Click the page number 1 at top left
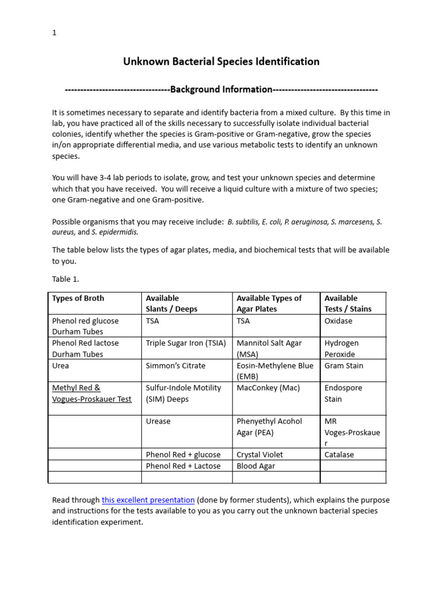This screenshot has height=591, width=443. coord(54,33)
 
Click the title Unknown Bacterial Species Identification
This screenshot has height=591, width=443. coord(221,61)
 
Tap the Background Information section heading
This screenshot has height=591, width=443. coord(221,89)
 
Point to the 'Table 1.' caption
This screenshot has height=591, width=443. coord(66,279)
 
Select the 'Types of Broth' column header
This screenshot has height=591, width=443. coord(78,298)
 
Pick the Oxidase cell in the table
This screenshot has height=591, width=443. coord(338,321)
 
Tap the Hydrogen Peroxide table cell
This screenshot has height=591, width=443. coord(340,349)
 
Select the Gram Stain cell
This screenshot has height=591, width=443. coord(344,365)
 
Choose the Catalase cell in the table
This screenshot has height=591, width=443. coord(339,455)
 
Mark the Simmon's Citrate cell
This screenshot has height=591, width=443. coord(175,365)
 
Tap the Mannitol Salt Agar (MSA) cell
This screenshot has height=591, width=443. coord(269,349)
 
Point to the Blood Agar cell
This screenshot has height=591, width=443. coord(256,466)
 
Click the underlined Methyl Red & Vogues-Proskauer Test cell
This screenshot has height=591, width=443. coord(92,393)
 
